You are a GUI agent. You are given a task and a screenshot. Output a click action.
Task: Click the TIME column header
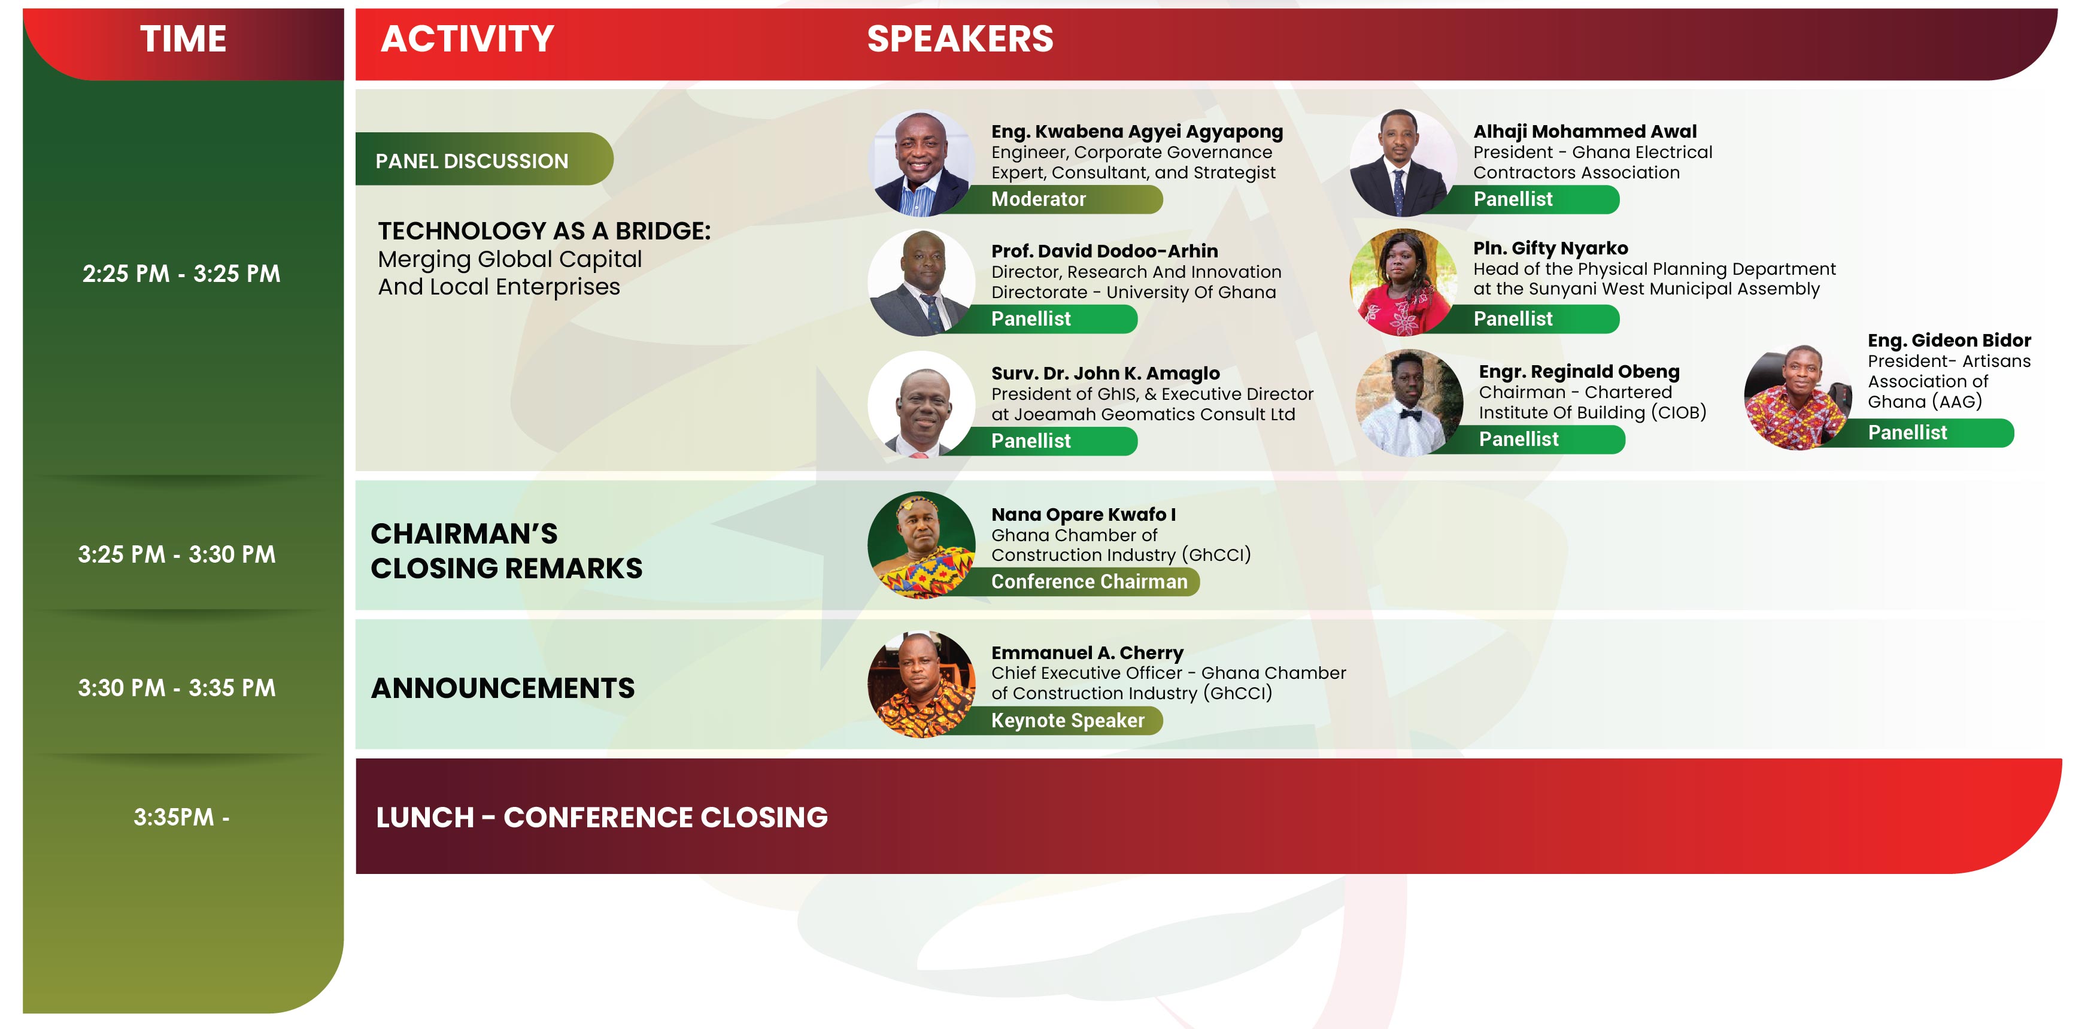(183, 39)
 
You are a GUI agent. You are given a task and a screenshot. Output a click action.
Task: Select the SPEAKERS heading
(960, 39)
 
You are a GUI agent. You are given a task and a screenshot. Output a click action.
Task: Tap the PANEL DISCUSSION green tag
(484, 159)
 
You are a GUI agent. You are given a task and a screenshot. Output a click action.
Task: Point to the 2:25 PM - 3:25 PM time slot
(181, 273)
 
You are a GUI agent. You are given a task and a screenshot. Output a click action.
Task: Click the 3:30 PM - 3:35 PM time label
(177, 687)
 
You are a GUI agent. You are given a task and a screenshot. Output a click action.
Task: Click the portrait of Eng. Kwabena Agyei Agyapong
(921, 163)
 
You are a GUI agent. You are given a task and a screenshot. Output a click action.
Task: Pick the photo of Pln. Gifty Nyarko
(1404, 282)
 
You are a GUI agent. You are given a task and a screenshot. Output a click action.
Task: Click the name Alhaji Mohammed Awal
(1585, 131)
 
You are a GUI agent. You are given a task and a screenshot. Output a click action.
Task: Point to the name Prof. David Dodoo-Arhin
(1104, 251)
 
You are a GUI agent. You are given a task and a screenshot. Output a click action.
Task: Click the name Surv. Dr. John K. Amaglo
(1106, 374)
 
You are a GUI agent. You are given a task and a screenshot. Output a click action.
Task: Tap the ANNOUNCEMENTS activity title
(502, 688)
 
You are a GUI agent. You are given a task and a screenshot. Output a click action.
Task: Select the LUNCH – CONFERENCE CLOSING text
(602, 817)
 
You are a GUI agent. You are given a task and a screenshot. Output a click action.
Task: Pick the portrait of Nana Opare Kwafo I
(921, 545)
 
